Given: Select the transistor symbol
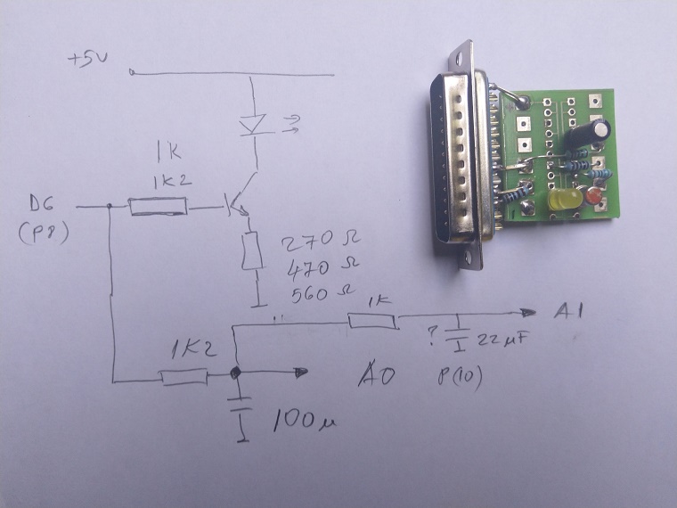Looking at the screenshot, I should coord(238,205).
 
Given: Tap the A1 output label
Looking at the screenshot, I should coord(569,312).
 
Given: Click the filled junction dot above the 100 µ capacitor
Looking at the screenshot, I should coord(234,374).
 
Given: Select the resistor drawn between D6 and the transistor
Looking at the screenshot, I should coord(157,208).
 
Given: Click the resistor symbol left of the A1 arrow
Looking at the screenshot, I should coord(371,321).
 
